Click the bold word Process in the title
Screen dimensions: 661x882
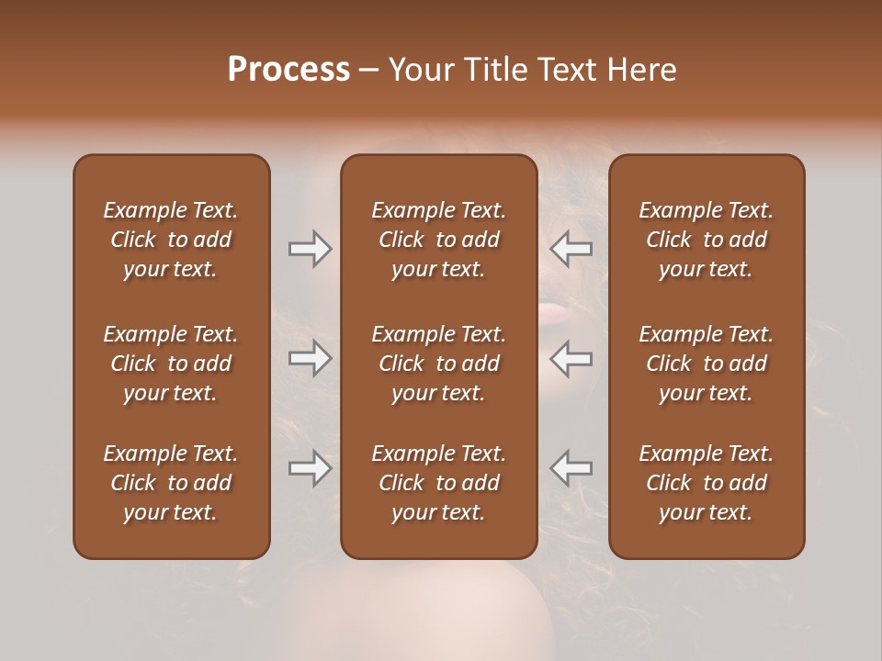pos(288,70)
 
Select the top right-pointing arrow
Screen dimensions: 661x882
pos(311,249)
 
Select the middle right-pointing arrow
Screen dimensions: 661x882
pos(311,358)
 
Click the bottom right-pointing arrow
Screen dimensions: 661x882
pos(311,468)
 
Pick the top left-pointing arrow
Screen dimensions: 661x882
pos(571,249)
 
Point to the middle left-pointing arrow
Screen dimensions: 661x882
pos(571,358)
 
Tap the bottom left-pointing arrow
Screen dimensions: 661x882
pos(571,468)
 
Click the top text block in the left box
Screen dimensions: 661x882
pos(171,240)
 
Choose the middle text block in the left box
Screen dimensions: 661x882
pos(171,364)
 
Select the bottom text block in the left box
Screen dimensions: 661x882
pos(171,483)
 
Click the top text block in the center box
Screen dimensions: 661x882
pos(439,240)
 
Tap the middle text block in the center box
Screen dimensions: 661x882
pos(439,364)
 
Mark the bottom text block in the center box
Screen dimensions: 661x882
pos(439,483)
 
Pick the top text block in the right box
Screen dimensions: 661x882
pos(707,240)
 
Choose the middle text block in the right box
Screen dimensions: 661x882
pos(707,364)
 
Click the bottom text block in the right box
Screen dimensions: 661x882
pos(707,483)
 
